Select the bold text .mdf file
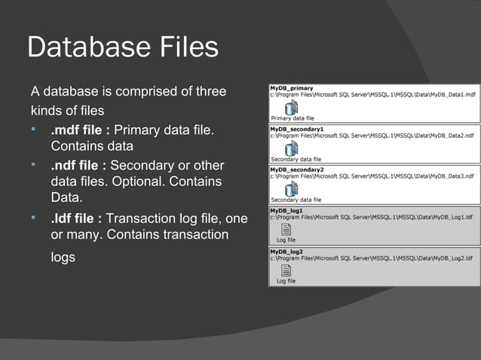(x=81, y=132)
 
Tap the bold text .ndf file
(x=78, y=165)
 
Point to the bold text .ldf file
(x=76, y=218)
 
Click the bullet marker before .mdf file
(x=34, y=131)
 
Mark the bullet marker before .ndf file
(x=34, y=164)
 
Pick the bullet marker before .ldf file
(x=34, y=218)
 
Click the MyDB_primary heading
(x=292, y=88)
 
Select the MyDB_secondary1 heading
(x=296, y=129)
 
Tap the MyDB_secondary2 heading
(x=296, y=169)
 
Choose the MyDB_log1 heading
(x=286, y=210)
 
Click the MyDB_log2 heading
(x=286, y=252)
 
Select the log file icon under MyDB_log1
(x=286, y=229)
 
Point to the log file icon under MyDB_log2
(x=286, y=270)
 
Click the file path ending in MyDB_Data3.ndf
(x=373, y=177)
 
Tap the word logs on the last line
(x=63, y=257)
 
